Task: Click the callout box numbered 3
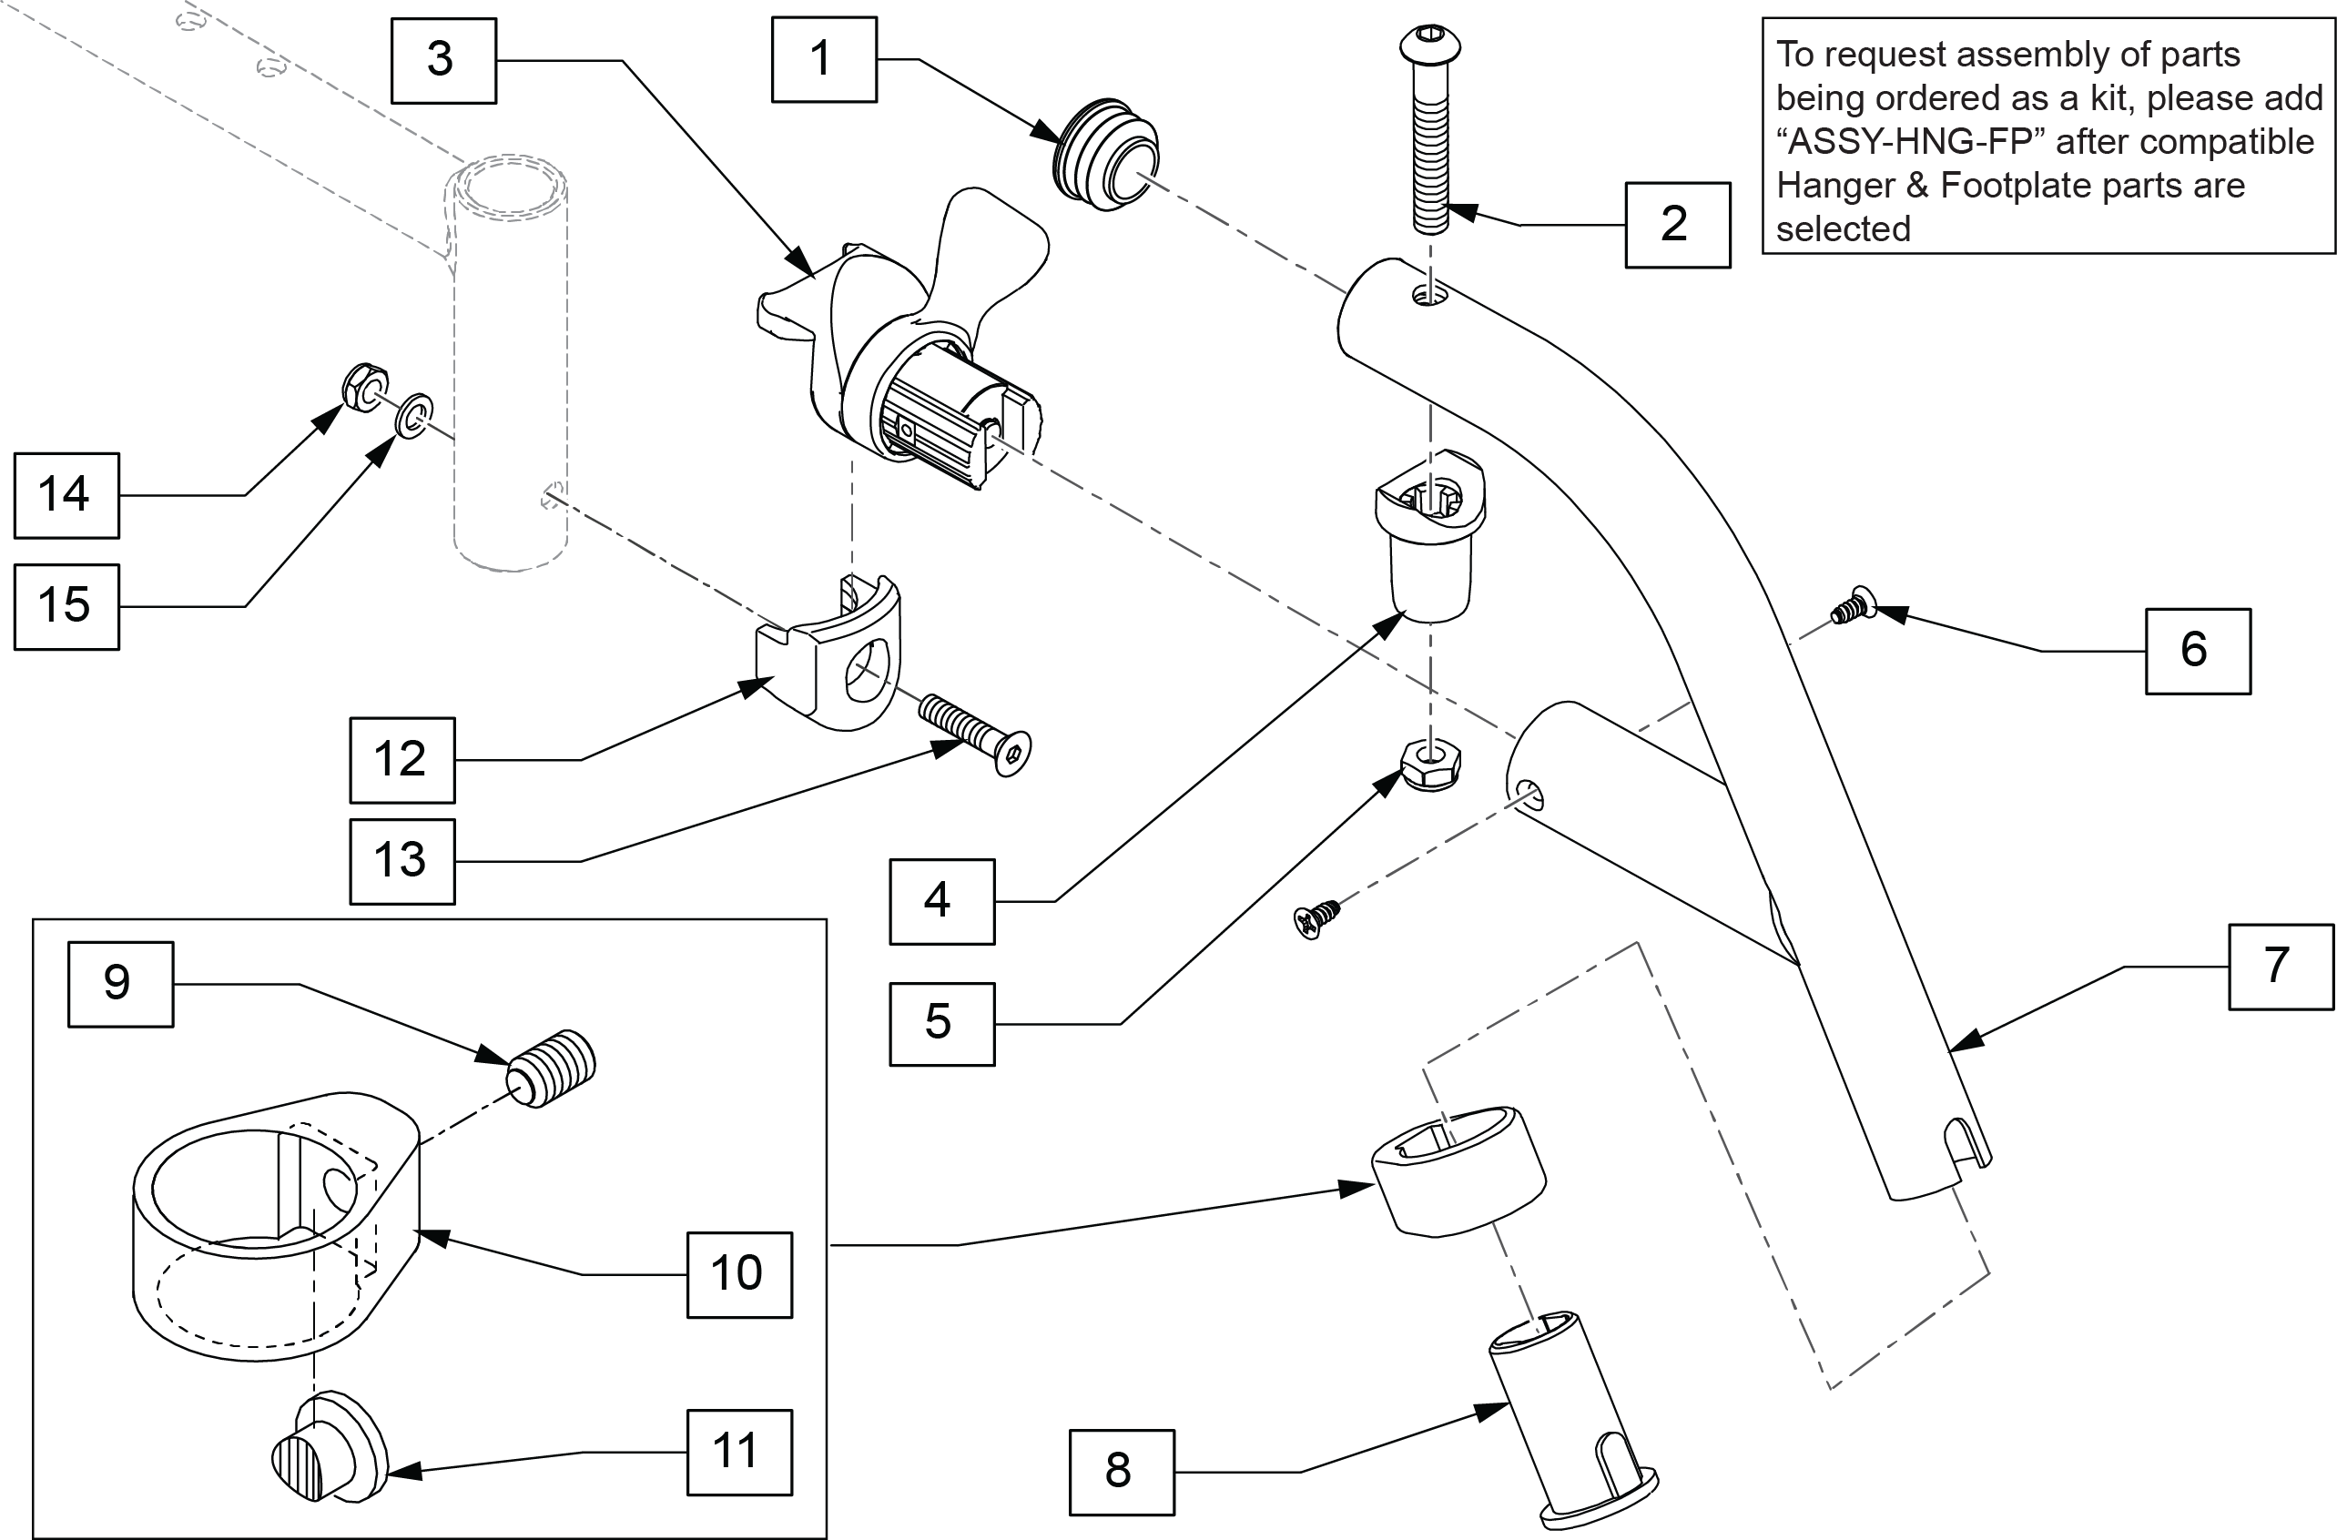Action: [x=443, y=61]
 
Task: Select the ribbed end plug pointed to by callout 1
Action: [x=1106, y=154]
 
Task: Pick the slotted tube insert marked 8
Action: [x=1571, y=1419]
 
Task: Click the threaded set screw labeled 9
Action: [x=552, y=1069]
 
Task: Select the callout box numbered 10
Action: [x=738, y=1275]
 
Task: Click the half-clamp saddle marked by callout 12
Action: [x=828, y=653]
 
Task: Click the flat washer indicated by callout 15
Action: [x=414, y=417]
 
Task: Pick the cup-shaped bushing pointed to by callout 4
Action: [x=1430, y=535]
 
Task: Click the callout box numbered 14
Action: [x=66, y=496]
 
